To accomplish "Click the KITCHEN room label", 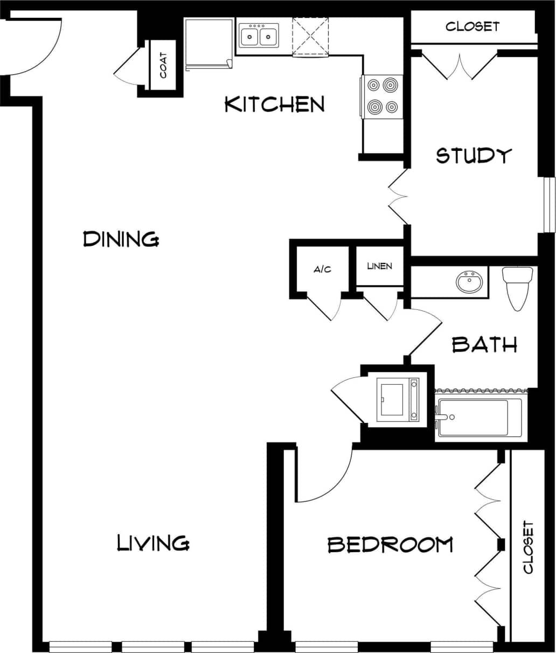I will (274, 104).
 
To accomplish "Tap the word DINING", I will (121, 238).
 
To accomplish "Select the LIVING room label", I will (153, 543).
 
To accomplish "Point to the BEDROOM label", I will (390, 545).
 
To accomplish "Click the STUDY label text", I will (473, 155).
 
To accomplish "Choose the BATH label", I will (484, 344).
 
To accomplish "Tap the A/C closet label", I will (322, 269).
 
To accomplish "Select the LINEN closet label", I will (380, 266).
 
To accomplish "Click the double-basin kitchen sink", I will (258, 37).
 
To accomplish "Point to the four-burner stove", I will (382, 96).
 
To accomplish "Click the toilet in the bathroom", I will (517, 286).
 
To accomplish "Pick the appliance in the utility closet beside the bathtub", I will (398, 399).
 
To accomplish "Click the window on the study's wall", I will (549, 205).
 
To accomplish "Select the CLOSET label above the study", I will (472, 26).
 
